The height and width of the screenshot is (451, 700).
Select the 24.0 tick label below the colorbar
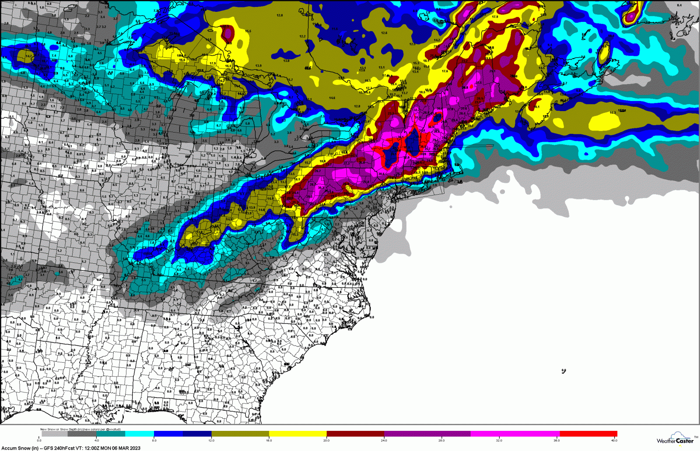384,441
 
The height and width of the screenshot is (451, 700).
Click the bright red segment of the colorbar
588,434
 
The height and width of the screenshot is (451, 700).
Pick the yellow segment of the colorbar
298,434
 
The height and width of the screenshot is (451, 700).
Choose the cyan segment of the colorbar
140,434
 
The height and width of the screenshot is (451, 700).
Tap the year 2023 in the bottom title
135,448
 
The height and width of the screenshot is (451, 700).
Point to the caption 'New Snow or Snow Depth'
61,429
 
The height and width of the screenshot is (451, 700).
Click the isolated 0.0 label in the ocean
563,371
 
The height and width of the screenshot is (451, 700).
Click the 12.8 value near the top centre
280,15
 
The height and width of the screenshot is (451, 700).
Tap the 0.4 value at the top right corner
679,5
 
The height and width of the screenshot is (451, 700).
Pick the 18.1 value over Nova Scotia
537,107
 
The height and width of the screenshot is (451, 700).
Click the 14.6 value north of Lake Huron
332,98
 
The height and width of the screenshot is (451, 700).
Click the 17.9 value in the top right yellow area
495,17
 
